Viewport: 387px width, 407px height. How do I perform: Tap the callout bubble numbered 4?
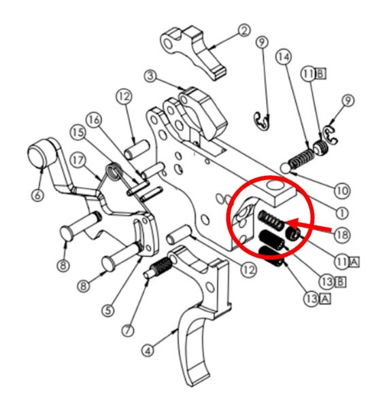click(148, 351)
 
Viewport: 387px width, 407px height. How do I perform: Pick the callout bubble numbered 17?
click(78, 161)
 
